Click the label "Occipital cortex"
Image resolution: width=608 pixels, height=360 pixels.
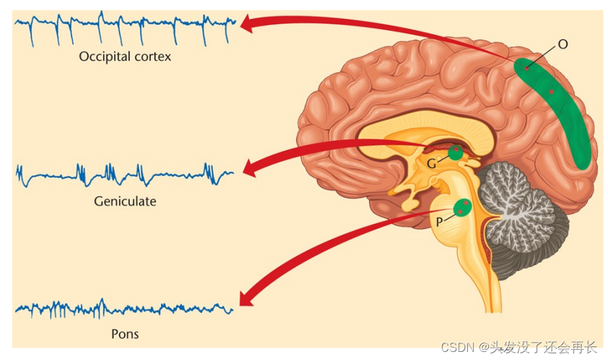(125, 57)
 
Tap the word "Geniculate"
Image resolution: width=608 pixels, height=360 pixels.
(125, 201)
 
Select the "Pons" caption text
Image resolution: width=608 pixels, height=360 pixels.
(125, 334)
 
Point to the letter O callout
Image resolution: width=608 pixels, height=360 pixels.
(563, 45)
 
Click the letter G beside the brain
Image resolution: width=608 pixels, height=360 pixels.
(431, 162)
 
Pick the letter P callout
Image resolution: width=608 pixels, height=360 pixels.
(439, 221)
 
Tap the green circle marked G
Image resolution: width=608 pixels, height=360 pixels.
(456, 152)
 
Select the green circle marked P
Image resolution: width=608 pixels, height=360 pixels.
(463, 207)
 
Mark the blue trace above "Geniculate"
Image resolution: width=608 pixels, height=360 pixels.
(125, 174)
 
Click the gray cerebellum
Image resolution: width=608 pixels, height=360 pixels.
(521, 217)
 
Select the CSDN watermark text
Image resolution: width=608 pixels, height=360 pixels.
(518, 347)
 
